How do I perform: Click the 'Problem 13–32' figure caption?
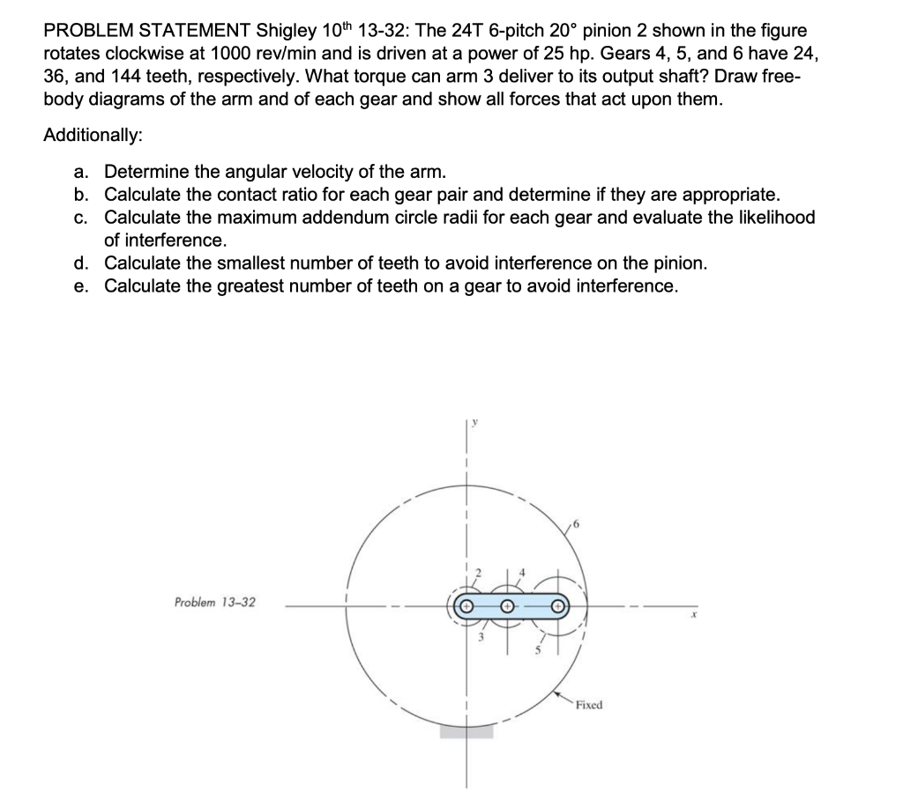pos(215,603)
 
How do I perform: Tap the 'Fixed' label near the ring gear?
pos(588,705)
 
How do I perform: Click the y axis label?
pos(475,424)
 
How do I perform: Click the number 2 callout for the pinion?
pos(481,574)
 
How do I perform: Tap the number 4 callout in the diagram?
pos(522,574)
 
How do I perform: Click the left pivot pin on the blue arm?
pos(467,607)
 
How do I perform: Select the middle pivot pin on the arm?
pos(508,607)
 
